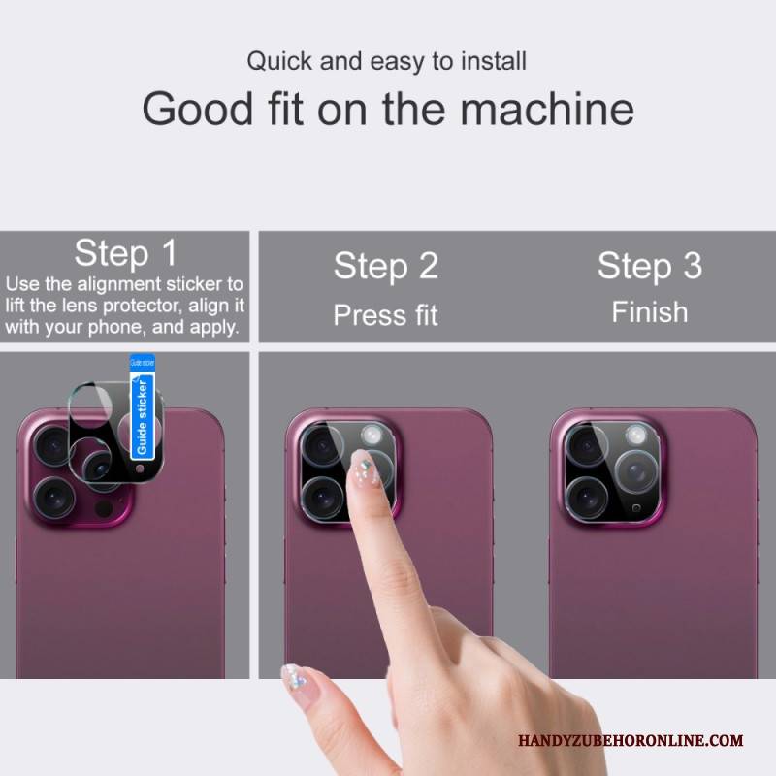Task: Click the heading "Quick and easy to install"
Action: coord(386,62)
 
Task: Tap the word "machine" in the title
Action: coord(547,109)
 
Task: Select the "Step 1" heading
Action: coord(125,253)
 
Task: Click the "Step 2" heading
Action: coord(386,266)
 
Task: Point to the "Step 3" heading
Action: coord(650,266)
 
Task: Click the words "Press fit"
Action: coord(385,315)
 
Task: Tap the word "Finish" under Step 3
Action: coord(650,312)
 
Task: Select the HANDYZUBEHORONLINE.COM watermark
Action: coord(630,741)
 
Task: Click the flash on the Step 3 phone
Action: coord(635,436)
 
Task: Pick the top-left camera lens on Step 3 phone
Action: coord(587,446)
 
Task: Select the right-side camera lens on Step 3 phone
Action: coord(636,471)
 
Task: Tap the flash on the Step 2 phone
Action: coord(372,436)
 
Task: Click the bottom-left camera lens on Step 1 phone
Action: coord(54,498)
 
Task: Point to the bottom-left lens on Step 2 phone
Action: coord(323,498)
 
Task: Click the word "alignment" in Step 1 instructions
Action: coord(119,284)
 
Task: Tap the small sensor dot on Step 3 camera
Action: coord(636,508)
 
